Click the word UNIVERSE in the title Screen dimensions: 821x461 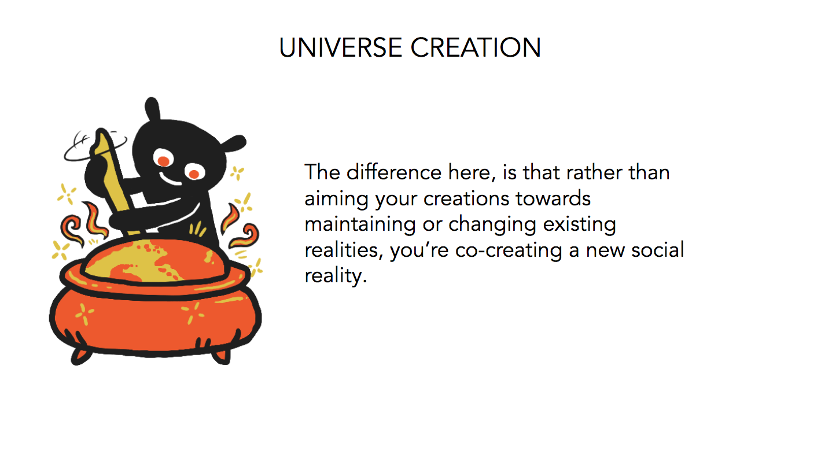pos(341,47)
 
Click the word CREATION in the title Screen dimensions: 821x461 pos(476,47)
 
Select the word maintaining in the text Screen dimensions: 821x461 pos(360,224)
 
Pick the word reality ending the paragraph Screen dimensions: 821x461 pos(336,276)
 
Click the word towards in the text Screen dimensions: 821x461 pos(553,198)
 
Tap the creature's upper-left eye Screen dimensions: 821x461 pos(163,159)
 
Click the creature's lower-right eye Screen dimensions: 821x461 pos(194,172)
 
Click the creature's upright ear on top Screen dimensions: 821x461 pos(152,109)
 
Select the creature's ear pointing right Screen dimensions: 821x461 pos(234,143)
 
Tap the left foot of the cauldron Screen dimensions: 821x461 pos(80,357)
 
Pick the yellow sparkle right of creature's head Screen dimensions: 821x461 pos(237,173)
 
